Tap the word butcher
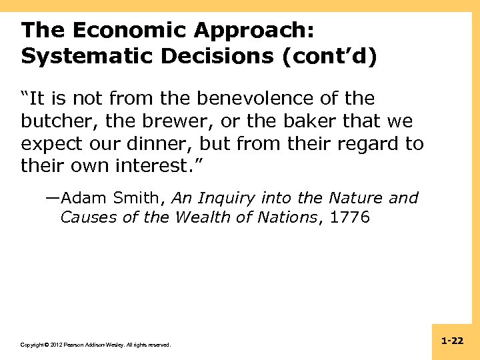pyautogui.click(x=55, y=121)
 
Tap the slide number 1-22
pyautogui.click(x=452, y=341)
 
